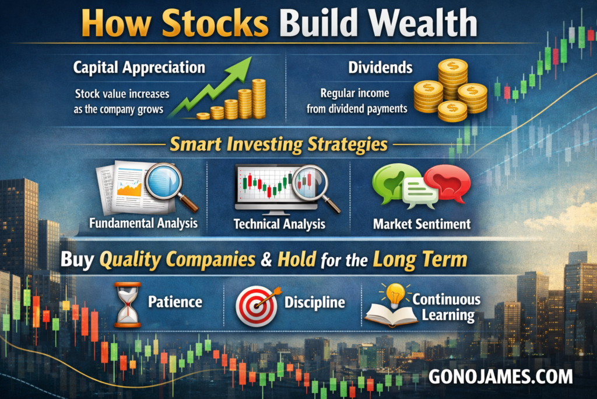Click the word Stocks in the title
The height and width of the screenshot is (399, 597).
tap(215, 23)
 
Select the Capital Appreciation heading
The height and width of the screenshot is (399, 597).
tap(139, 68)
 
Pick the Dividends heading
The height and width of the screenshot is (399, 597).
tap(380, 68)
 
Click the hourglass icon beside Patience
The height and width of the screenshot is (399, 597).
tap(128, 304)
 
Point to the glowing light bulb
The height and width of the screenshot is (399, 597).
tap(395, 295)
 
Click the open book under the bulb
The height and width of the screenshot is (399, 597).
tap(391, 315)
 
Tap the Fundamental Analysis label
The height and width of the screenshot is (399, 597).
tap(143, 223)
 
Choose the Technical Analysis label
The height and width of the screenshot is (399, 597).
tap(279, 224)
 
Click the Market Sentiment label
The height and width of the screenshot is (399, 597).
tap(422, 224)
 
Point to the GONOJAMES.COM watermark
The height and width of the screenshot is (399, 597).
tap(501, 376)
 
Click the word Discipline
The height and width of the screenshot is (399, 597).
tap(314, 303)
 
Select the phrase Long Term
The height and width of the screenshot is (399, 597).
tap(420, 260)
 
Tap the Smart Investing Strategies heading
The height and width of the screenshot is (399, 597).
tap(278, 144)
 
